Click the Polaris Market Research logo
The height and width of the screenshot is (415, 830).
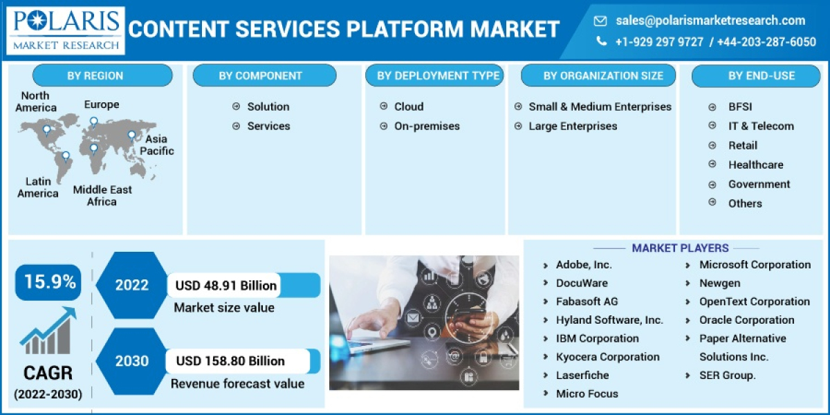click(66, 30)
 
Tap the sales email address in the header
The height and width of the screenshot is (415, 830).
click(710, 21)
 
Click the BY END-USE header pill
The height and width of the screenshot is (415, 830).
click(761, 76)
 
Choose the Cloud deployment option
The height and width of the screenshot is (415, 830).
click(408, 107)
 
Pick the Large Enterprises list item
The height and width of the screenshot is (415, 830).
click(573, 126)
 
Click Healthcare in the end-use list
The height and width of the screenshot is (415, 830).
click(755, 165)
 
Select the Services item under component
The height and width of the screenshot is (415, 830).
click(268, 126)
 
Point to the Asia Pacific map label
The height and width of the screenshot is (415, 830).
click(157, 145)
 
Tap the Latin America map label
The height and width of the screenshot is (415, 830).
click(38, 187)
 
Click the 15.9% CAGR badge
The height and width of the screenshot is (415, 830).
click(48, 282)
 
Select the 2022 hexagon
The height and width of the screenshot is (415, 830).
click(131, 285)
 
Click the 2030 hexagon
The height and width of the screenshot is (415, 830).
click(131, 361)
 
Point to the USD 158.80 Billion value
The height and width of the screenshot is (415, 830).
click(230, 361)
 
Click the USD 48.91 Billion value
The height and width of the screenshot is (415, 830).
click(226, 285)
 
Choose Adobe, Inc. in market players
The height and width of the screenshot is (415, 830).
click(584, 265)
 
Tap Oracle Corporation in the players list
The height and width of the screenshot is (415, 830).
click(746, 320)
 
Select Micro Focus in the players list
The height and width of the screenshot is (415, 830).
click(587, 394)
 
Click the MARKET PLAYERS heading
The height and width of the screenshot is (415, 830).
click(680, 248)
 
